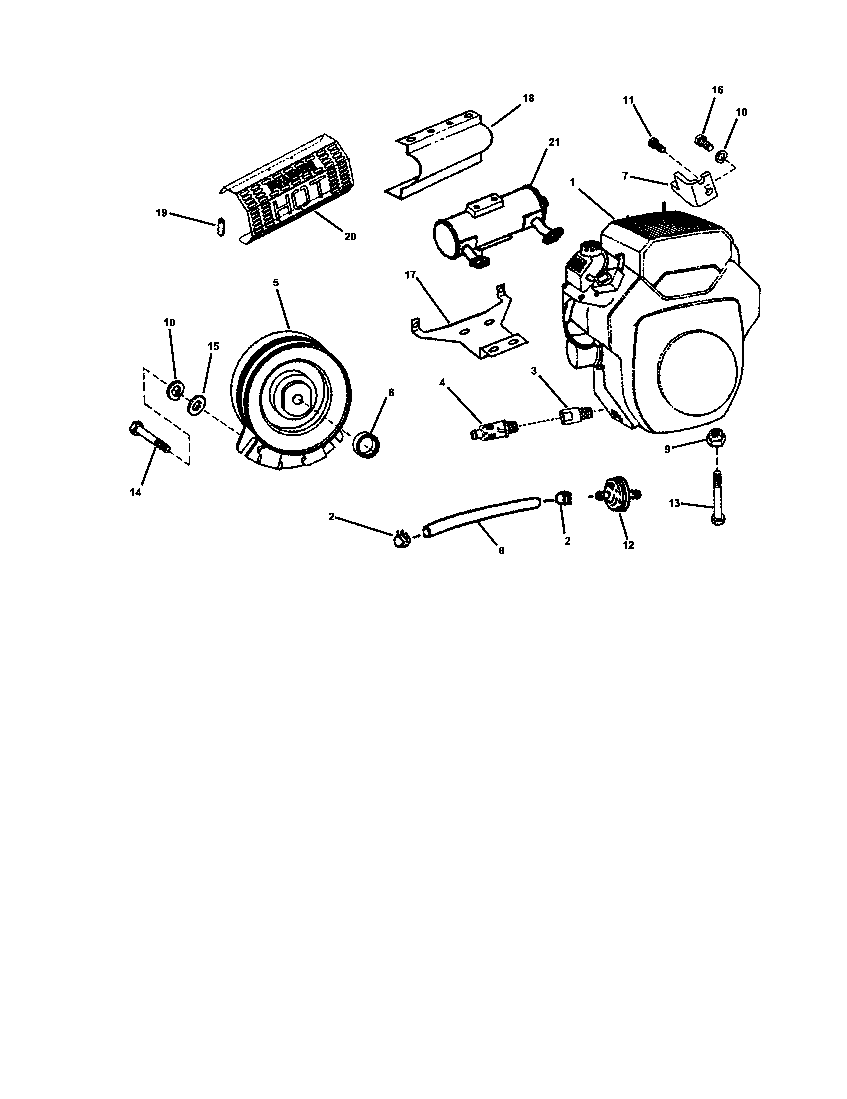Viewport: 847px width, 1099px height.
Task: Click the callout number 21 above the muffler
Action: (553, 142)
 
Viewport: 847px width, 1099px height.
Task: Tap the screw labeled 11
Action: (656, 144)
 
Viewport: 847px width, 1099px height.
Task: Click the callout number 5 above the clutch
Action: (276, 283)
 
